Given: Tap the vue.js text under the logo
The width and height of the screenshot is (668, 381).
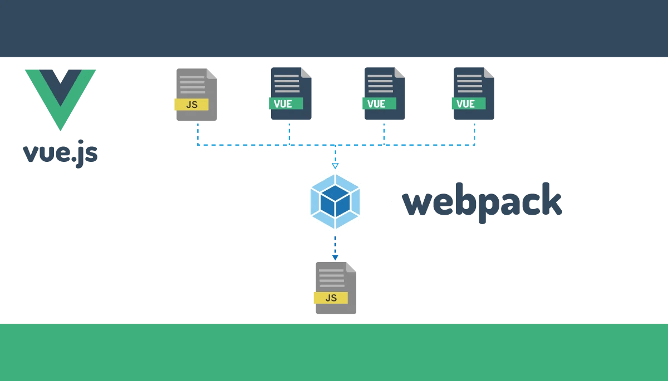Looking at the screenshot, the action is click(60, 154).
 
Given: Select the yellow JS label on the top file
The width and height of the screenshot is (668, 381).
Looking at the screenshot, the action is click(191, 105).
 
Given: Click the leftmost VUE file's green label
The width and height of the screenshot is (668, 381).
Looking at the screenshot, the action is click(286, 103).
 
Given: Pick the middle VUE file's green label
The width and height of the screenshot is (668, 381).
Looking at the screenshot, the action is click(379, 103).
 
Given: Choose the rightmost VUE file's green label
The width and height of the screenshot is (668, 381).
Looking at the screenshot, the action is click(469, 103).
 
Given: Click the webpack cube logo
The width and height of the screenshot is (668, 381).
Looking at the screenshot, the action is click(335, 202).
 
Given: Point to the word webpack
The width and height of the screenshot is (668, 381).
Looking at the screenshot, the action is click(482, 202).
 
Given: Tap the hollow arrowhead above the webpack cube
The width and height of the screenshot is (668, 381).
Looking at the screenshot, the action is click(335, 166).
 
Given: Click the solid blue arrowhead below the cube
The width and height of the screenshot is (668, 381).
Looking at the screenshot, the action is click(335, 258).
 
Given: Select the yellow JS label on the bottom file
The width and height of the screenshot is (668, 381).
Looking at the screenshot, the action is click(331, 298).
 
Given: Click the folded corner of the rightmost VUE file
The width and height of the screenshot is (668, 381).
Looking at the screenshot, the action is click(489, 73).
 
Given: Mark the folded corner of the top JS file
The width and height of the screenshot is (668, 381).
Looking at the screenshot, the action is click(212, 74).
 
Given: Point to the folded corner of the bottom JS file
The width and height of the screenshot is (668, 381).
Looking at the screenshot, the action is click(351, 267).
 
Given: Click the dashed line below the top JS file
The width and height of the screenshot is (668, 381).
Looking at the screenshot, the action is click(198, 135).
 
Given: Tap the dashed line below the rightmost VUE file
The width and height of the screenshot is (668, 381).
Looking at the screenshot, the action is click(474, 135).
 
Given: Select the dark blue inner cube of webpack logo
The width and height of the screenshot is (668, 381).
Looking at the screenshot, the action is click(335, 201).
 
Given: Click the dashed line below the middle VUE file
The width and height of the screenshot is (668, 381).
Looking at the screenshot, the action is click(384, 135).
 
